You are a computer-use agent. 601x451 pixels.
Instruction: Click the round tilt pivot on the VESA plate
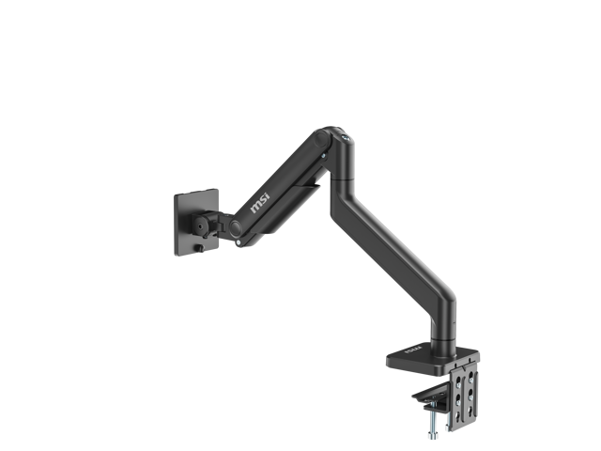coord(203,226)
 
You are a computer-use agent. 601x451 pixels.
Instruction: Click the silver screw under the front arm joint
coord(241,242)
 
